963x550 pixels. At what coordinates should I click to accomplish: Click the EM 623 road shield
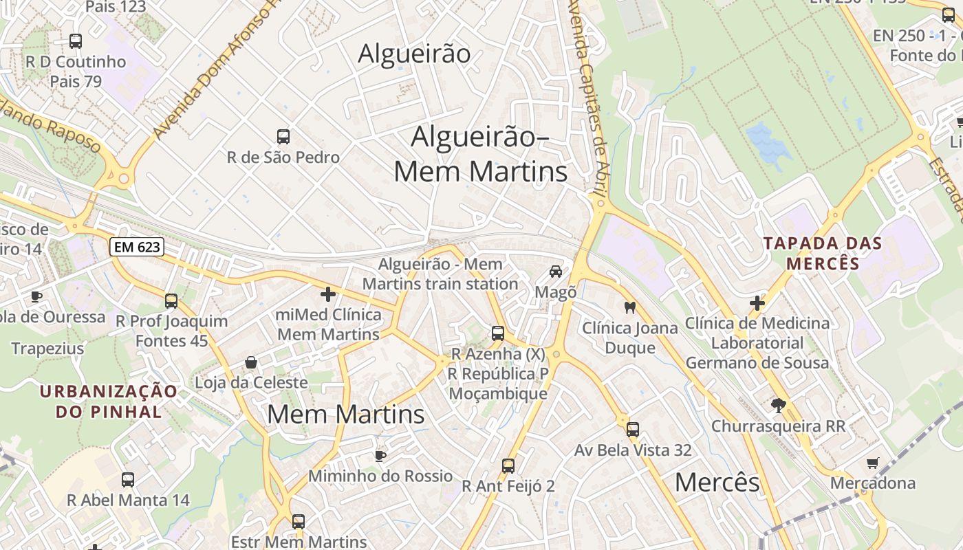[x=137, y=247]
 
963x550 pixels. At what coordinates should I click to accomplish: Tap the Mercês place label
[x=717, y=483]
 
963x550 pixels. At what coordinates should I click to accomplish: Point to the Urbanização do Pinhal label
[x=109, y=401]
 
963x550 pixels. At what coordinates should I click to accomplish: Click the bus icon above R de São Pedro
[x=283, y=136]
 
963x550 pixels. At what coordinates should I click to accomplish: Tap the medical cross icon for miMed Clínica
[x=328, y=294]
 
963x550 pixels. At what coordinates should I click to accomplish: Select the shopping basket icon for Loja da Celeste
[x=252, y=362]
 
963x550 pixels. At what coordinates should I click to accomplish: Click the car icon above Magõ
[x=556, y=272]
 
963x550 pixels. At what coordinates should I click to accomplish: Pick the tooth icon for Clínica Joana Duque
[x=629, y=307]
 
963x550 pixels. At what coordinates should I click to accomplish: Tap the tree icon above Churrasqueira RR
[x=779, y=406]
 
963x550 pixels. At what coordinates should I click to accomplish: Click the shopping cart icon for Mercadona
[x=873, y=463]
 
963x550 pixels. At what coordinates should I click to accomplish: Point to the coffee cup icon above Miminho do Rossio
[x=380, y=455]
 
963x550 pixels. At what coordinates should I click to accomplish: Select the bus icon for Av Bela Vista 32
[x=633, y=430]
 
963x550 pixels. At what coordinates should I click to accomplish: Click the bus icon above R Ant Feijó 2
[x=508, y=465]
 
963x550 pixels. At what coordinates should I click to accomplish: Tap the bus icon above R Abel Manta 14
[x=128, y=479]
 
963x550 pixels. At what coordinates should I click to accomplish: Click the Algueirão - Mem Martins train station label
[x=440, y=274]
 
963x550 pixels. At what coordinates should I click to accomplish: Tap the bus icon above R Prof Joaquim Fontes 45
[x=171, y=300]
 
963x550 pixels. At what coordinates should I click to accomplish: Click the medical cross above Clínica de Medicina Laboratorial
[x=757, y=302]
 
